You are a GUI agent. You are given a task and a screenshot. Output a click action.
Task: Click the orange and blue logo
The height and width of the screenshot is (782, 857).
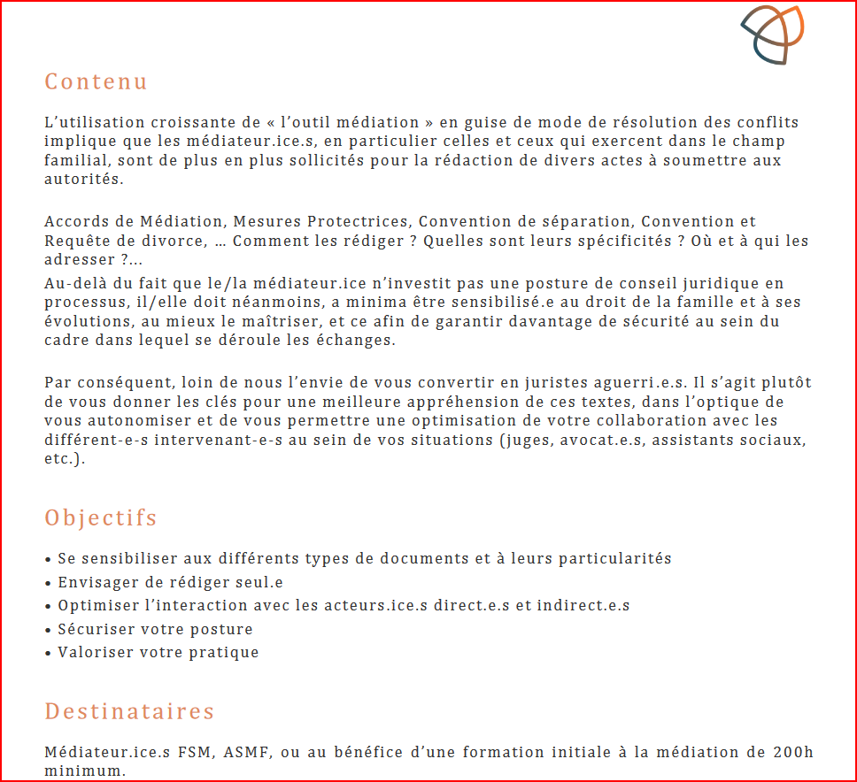(x=772, y=34)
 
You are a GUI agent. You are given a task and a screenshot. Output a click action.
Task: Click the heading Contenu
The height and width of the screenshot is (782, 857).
(x=97, y=81)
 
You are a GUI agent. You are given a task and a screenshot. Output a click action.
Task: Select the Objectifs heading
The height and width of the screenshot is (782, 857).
(x=101, y=517)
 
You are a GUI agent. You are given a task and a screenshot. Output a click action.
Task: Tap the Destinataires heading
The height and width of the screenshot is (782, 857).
(x=130, y=711)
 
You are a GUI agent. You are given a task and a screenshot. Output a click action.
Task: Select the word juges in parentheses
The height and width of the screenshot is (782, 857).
(x=526, y=439)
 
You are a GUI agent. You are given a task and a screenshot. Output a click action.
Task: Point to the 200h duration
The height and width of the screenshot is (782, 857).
(x=791, y=753)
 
